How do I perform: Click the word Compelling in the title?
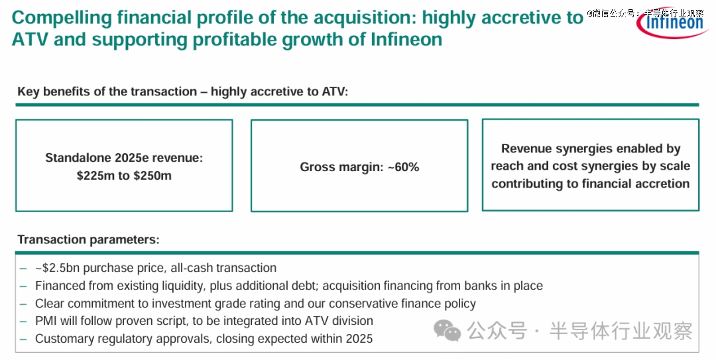[61, 19]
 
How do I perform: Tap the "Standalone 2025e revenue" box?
[124, 166]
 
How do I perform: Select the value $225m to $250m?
[124, 176]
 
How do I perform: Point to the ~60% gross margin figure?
[403, 167]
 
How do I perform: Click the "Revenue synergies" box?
[591, 165]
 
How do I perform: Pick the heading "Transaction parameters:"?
[89, 239]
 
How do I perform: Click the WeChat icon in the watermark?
[447, 330]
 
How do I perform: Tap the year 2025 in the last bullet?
[359, 339]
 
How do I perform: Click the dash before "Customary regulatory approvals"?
[23, 339]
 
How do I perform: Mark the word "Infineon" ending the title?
[406, 39]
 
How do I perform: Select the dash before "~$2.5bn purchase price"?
[23, 268]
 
